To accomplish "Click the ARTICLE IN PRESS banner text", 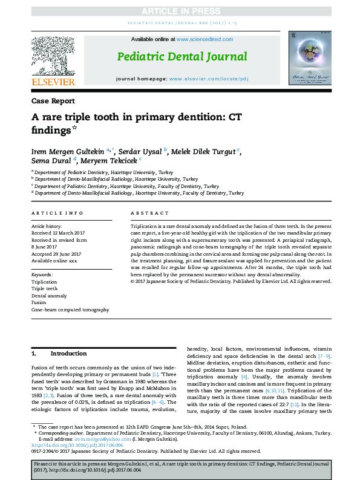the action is click(x=180, y=12).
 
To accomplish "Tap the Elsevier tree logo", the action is click(x=53, y=56).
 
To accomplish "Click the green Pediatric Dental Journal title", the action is click(x=182, y=57).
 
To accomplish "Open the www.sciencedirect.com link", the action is click(x=205, y=39).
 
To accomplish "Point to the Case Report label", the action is click(x=53, y=101).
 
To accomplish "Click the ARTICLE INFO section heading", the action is click(x=57, y=213).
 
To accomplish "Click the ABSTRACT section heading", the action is click(x=149, y=213).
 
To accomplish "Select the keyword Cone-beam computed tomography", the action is click(x=70, y=310).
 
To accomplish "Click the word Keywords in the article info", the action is click(x=42, y=274).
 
